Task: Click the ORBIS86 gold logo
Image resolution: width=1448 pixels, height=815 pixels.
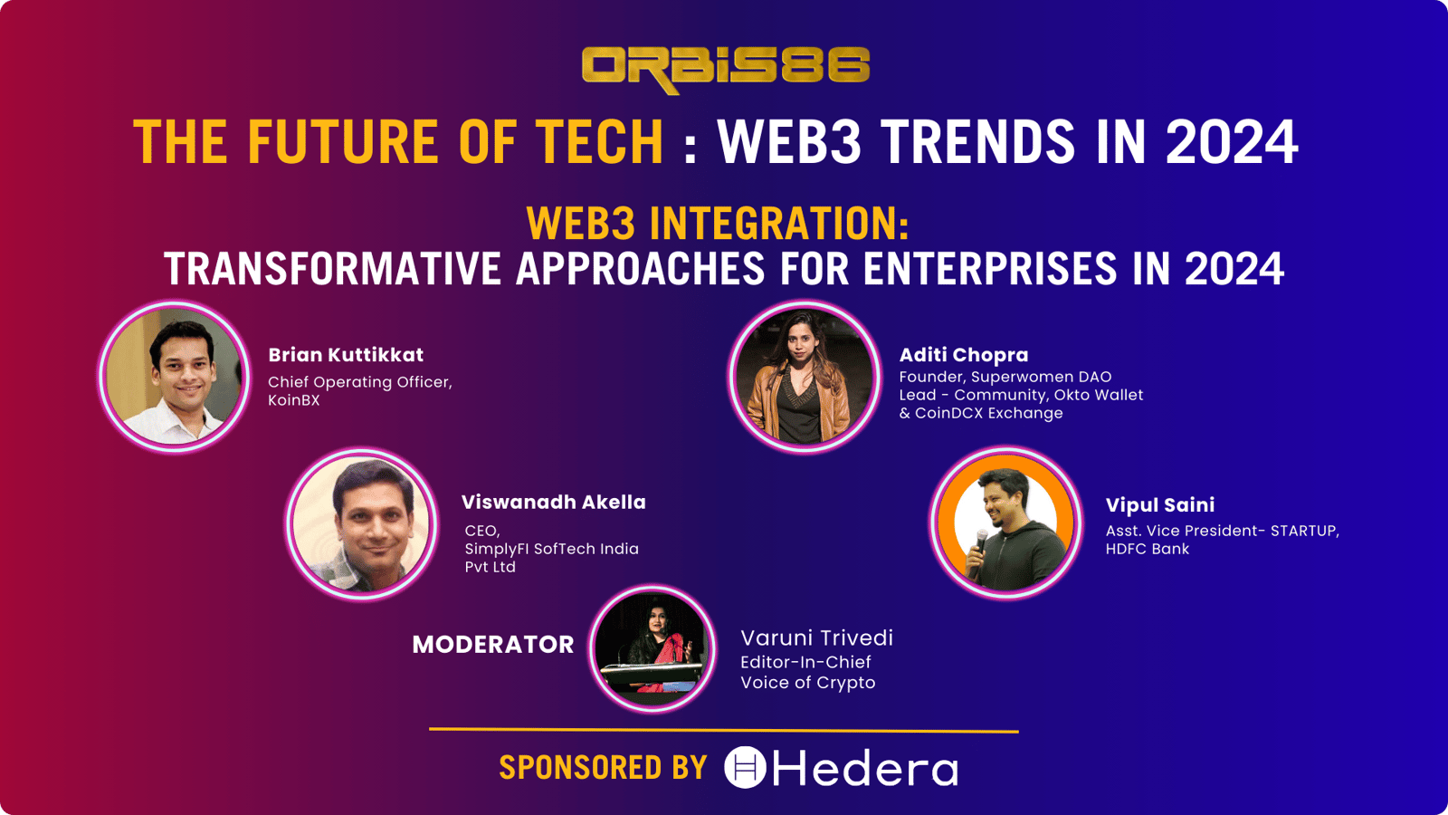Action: point(725,69)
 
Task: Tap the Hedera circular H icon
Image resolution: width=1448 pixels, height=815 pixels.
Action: point(745,767)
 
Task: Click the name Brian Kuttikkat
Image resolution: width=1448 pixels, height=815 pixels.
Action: point(346,354)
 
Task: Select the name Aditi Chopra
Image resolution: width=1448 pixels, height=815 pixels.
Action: point(963,355)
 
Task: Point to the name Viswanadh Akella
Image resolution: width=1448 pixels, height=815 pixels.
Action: point(553,502)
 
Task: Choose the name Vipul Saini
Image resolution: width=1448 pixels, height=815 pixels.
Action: point(1159,505)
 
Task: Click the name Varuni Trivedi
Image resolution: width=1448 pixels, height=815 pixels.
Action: point(816,638)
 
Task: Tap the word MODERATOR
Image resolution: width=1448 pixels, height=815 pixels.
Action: point(493,644)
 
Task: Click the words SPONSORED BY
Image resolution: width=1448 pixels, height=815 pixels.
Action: point(603,768)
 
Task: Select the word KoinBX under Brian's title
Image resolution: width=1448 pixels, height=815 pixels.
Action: point(293,400)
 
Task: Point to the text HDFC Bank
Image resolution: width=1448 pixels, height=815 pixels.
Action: point(1147,549)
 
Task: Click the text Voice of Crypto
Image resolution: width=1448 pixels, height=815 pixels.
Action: point(807,683)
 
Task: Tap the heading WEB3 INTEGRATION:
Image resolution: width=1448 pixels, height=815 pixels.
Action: point(718,223)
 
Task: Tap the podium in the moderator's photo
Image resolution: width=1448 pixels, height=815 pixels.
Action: point(650,675)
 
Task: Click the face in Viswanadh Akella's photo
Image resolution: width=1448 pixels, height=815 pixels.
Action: point(374,522)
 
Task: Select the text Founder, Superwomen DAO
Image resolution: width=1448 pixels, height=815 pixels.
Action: point(1005,377)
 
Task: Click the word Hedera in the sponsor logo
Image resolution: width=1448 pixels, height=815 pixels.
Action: point(865,768)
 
